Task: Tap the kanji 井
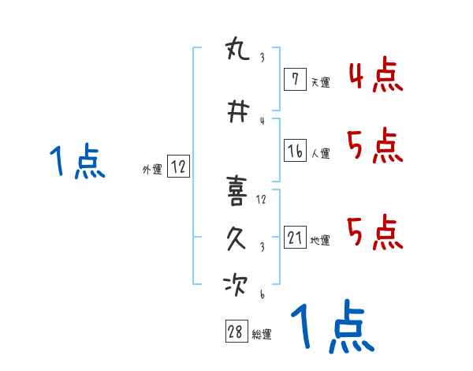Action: tap(237, 112)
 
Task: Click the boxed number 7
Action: tap(294, 79)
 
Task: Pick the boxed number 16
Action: tap(295, 151)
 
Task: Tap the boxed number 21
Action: tap(295, 238)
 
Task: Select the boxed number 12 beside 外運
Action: tap(178, 167)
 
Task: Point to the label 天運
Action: tap(320, 81)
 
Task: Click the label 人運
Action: tap(321, 153)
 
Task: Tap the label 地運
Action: tap(320, 240)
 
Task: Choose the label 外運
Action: tap(152, 169)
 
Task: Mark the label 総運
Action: tap(262, 334)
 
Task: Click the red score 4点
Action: tap(374, 76)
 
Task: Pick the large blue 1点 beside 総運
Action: tap(331, 328)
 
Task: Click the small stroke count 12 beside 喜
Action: tap(261, 199)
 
